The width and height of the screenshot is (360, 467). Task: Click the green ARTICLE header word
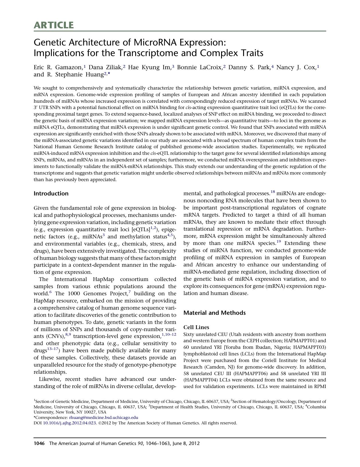point(54,25)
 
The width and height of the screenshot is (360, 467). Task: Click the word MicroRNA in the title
point(155,42)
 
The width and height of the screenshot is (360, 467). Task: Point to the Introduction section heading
point(51,193)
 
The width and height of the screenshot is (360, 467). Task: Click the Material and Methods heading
point(214,313)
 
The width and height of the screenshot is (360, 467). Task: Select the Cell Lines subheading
point(196,327)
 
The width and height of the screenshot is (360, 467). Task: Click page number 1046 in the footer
point(39,444)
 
